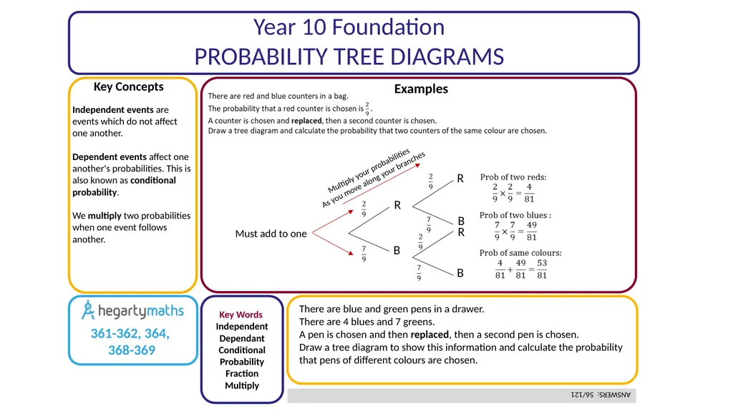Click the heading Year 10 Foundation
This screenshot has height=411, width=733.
click(349, 27)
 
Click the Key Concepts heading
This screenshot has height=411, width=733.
click(129, 87)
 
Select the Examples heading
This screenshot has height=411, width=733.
click(421, 89)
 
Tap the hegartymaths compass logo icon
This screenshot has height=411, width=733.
click(88, 310)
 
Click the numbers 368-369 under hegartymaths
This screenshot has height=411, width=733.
click(132, 350)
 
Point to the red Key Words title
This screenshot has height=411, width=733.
click(241, 315)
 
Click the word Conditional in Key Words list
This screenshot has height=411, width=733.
click(242, 350)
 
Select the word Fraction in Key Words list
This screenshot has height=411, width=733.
click(242, 374)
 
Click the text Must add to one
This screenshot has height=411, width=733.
click(271, 234)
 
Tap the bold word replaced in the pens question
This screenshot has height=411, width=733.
click(429, 335)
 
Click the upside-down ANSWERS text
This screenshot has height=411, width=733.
click(601, 395)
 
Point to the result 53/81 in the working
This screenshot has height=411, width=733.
click(542, 269)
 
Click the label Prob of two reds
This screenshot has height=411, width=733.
click(513, 177)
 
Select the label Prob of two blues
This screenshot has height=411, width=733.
click(515, 215)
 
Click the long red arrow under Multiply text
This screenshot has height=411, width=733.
click(382, 184)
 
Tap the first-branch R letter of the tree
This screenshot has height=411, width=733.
click(397, 205)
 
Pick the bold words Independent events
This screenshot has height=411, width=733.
click(113, 110)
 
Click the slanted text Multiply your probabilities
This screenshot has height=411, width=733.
click(369, 170)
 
